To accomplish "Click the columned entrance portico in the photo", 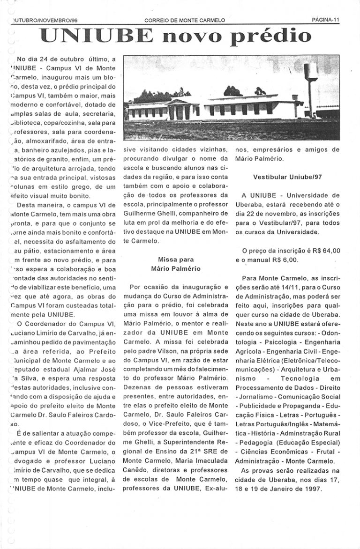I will tap(180, 110).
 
